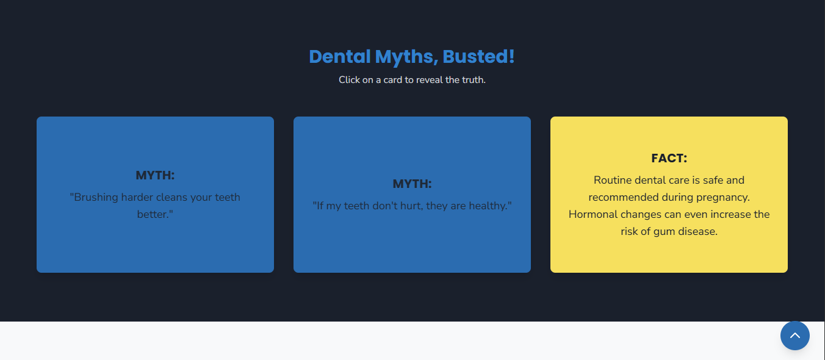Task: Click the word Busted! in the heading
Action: point(478,57)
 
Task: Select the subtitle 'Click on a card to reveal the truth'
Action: point(412,80)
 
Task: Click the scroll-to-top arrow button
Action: point(794,336)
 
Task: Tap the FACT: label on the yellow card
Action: point(669,159)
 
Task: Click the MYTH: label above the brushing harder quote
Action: point(155,176)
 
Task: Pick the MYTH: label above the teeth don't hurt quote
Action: point(412,184)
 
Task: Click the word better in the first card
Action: point(154,215)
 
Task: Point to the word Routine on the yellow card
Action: point(614,181)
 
